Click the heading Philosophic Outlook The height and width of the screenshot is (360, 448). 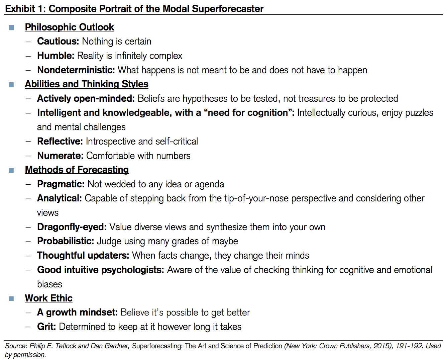pos(70,27)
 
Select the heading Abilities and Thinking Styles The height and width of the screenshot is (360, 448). pos(87,84)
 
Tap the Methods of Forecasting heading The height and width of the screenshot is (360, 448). pos(77,170)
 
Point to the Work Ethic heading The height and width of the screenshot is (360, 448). pos(49,298)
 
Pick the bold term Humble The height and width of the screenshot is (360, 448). pos(56,56)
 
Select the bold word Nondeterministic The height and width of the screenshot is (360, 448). pos(76,70)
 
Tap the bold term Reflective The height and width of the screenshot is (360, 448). pos(60,141)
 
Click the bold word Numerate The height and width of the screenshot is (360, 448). pos(61,156)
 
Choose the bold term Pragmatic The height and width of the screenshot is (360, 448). pos(61,184)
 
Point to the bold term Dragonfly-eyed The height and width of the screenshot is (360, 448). pos(72,227)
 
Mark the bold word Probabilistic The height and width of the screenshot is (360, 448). pos(66,241)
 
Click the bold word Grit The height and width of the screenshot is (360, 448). pos(46,327)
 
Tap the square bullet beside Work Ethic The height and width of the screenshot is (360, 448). pos(11,299)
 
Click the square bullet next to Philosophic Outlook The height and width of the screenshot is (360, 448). pos(11,28)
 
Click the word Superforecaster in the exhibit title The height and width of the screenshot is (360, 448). pos(228,9)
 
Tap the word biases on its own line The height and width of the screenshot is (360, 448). pos(49,284)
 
